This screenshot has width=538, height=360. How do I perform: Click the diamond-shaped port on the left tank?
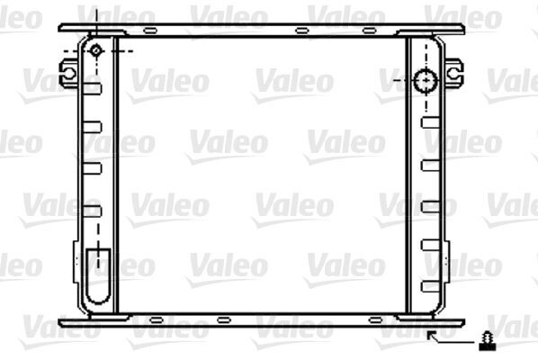(x=96, y=50)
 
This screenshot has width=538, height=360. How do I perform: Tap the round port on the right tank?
(x=424, y=81)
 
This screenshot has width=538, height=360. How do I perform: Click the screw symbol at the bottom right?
(x=487, y=340)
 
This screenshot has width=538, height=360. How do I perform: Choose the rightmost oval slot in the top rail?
(x=370, y=31)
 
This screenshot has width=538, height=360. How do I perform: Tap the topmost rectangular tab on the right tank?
(x=430, y=122)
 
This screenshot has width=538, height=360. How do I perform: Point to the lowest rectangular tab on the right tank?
(x=430, y=285)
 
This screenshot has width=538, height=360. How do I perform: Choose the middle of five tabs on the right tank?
(x=430, y=205)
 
